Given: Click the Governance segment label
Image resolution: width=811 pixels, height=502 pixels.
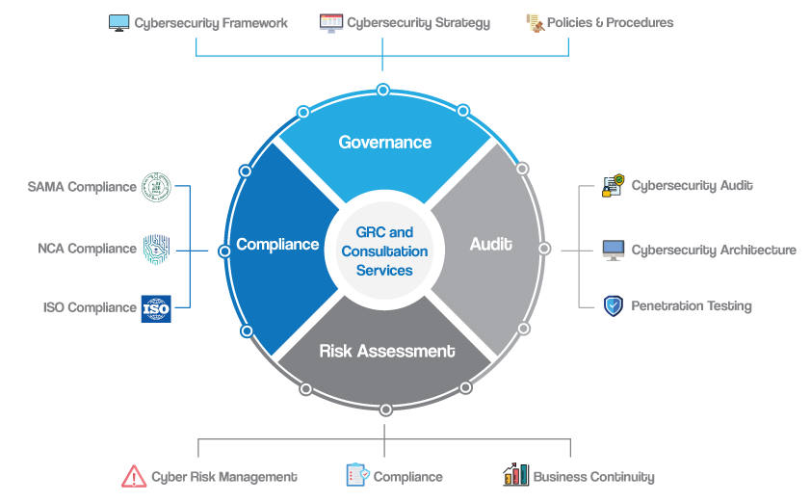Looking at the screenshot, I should click(x=384, y=143).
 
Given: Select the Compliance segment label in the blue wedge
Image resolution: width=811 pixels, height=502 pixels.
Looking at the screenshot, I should click(x=277, y=245).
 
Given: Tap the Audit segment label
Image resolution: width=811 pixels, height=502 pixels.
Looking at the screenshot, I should click(x=490, y=245).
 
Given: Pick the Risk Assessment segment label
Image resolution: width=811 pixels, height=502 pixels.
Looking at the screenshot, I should click(x=386, y=351).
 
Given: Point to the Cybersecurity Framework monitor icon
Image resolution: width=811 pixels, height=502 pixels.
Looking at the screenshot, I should click(x=119, y=22).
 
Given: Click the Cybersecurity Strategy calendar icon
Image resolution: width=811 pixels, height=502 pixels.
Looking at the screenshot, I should click(x=331, y=22).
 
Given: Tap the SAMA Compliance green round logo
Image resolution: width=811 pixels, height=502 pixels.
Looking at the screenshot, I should click(x=156, y=187).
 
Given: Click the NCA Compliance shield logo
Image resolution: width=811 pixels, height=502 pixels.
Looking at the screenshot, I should click(x=156, y=249).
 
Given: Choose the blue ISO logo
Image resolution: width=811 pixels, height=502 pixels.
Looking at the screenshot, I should click(x=156, y=308).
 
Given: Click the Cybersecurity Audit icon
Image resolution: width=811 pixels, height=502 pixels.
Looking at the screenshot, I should click(x=614, y=186).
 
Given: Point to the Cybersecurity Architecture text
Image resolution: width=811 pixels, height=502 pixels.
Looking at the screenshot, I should click(x=714, y=250).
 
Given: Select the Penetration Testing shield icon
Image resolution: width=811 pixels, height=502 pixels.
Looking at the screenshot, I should click(x=614, y=306).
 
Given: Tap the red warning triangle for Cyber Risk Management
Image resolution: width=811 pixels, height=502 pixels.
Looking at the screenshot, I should click(x=134, y=476).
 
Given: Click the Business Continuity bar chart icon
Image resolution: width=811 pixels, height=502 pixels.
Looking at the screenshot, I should click(x=515, y=475).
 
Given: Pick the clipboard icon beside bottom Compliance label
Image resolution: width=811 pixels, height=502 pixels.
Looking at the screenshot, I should click(x=356, y=475).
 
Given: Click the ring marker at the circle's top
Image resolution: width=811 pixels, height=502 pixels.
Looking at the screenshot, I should click(x=383, y=90).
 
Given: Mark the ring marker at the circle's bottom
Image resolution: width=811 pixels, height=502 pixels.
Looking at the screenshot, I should click(x=386, y=410).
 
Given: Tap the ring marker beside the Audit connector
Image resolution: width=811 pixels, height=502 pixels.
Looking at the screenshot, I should click(x=544, y=249).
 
